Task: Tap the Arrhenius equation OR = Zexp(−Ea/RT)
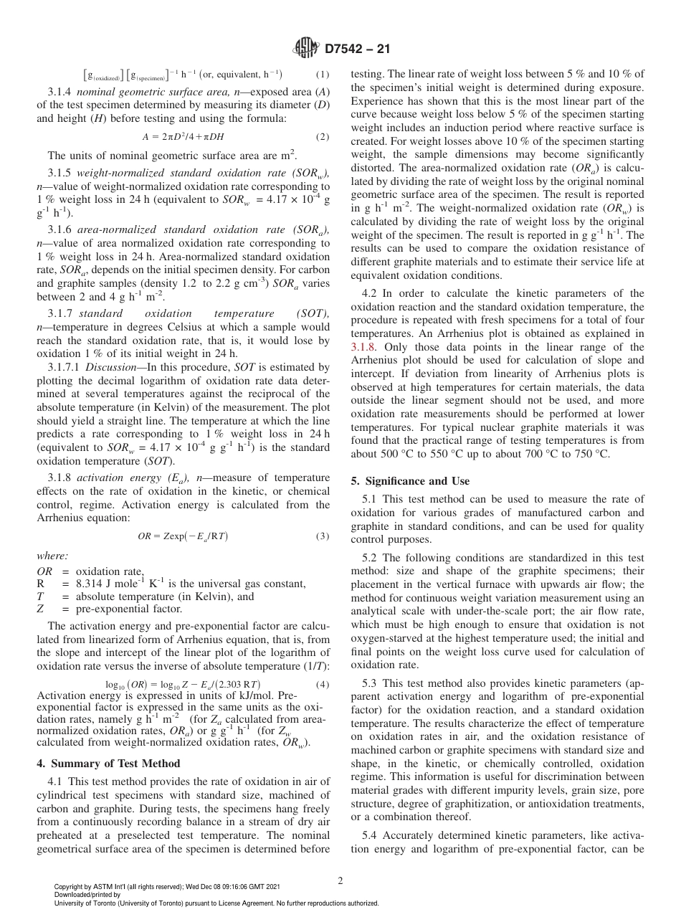(184, 536)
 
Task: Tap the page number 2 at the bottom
(340, 880)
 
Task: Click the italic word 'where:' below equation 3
(52, 556)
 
